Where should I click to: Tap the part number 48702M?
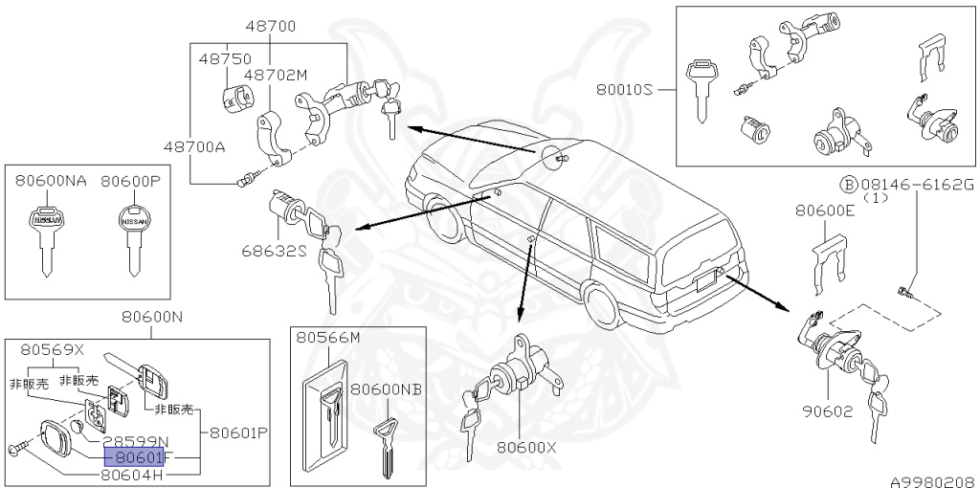pos(275,74)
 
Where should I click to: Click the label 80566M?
pos(327,338)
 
